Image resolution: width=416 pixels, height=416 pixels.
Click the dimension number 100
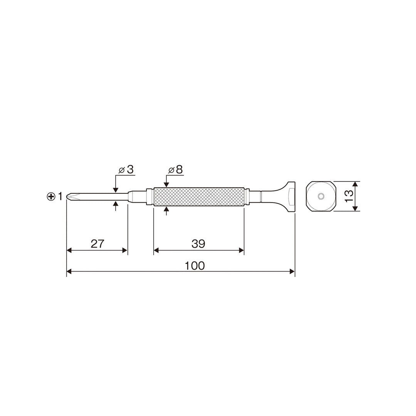pyautogui.click(x=195, y=265)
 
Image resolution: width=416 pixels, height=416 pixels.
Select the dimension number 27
pyautogui.click(x=97, y=244)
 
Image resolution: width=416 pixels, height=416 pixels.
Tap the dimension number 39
pyautogui.click(x=198, y=244)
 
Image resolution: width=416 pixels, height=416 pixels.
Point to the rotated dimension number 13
pyautogui.click(x=349, y=196)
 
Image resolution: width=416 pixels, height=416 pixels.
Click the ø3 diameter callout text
pyautogui.click(x=126, y=169)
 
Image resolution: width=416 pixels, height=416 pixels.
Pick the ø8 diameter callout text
pyautogui.click(x=176, y=169)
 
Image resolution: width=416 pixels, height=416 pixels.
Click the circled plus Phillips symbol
pyautogui.click(x=51, y=196)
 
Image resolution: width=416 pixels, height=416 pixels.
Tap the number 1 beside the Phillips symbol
pyautogui.click(x=60, y=196)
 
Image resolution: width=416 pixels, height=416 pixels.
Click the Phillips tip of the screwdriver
pyautogui.click(x=71, y=196)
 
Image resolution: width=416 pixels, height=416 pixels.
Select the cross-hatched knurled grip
pyautogui.click(x=199, y=196)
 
